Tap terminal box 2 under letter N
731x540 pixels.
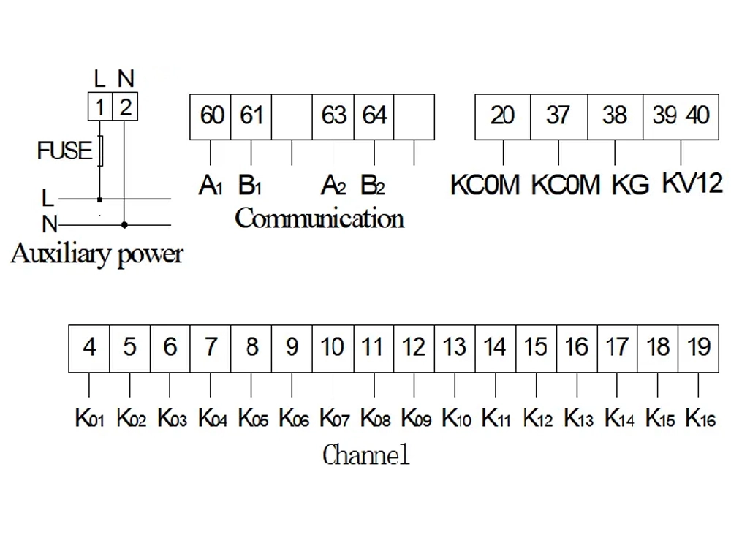click(x=125, y=107)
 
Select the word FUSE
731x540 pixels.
click(x=65, y=151)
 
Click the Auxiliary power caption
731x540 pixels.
click(x=96, y=255)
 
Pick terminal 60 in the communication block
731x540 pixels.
click(x=211, y=116)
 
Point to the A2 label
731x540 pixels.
click(x=333, y=186)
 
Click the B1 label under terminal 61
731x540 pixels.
click(x=250, y=186)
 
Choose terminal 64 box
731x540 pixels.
click(x=374, y=116)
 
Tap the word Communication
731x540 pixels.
click(x=319, y=218)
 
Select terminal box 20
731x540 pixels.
click(x=503, y=116)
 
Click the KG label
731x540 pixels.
click(x=630, y=185)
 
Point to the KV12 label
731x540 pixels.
click(x=692, y=183)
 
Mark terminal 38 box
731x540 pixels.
click(x=615, y=116)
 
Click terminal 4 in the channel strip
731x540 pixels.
click(x=89, y=347)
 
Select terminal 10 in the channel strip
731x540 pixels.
click(x=333, y=347)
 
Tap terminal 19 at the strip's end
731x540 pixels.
click(x=699, y=347)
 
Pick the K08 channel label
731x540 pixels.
click(x=376, y=419)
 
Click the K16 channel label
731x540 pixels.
click(x=700, y=419)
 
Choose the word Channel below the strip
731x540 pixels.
click(x=365, y=455)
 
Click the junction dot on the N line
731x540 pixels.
click(x=124, y=224)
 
